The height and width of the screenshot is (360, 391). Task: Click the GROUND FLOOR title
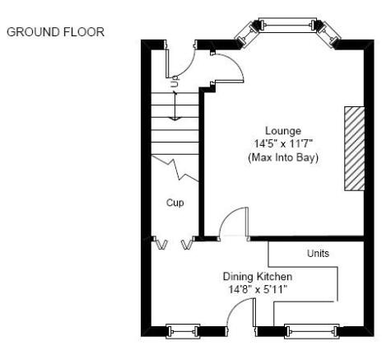55,32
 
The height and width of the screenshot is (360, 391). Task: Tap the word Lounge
283,131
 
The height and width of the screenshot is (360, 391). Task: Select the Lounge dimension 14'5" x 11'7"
283,143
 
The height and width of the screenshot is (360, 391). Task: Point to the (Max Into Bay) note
283,157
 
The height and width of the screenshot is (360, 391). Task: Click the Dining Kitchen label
258,277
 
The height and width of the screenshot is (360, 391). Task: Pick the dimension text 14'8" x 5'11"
258,289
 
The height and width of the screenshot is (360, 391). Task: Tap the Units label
318,253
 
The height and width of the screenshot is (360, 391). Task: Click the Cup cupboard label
175,203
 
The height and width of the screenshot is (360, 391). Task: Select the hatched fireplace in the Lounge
355,148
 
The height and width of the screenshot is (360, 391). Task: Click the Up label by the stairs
175,82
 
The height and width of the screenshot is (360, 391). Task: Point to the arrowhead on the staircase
175,119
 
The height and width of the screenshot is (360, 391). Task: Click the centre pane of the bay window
287,26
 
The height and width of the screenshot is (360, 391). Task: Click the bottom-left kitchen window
183,331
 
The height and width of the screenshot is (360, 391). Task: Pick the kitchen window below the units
312,331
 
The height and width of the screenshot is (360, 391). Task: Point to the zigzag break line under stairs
175,169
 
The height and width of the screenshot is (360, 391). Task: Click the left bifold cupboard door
160,243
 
